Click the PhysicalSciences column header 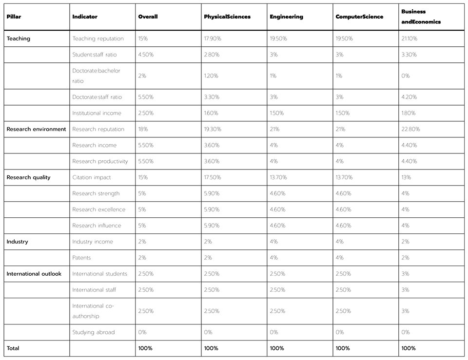point(227,17)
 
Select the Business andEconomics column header point(414,17)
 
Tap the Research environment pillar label point(36,129)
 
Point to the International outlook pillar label point(34,274)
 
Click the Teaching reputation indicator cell point(98,38)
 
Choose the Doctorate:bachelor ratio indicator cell point(96,76)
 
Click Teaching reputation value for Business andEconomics point(409,38)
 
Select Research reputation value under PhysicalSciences point(213,129)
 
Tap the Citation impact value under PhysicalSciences point(213,177)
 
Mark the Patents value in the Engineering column point(273,258)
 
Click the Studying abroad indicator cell point(94,332)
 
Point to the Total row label point(13,348)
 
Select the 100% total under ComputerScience point(343,348)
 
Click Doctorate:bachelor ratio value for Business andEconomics point(406,76)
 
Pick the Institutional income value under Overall point(146,113)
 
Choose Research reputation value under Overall point(143,129)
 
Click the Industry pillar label point(17,242)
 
